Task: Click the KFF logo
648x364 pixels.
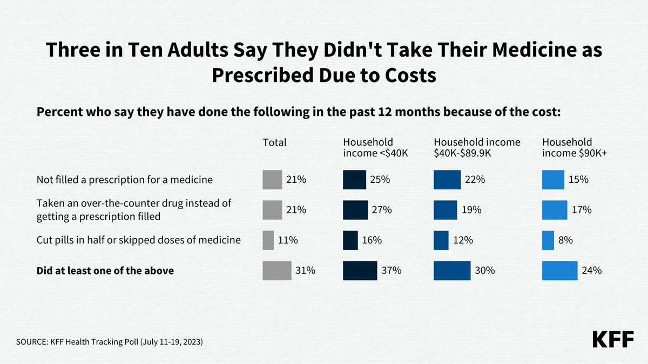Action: [614, 339]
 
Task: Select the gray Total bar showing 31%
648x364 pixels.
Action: [276, 271]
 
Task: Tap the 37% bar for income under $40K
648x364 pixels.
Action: [360, 271]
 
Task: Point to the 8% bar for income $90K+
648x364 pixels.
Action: [548, 241]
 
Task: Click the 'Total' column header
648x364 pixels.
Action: [274, 143]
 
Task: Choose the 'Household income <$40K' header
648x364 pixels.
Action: [375, 148]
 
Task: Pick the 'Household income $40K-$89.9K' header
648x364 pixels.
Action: [477, 148]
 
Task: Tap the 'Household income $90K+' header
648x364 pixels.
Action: [575, 148]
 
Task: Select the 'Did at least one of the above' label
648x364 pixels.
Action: [105, 271]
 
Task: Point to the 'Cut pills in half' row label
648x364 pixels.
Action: [138, 241]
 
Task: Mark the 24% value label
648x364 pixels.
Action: [592, 271]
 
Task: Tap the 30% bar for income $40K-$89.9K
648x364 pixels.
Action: [452, 271]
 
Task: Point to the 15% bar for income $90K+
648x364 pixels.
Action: [553, 180]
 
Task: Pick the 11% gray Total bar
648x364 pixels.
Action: [268, 241]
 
